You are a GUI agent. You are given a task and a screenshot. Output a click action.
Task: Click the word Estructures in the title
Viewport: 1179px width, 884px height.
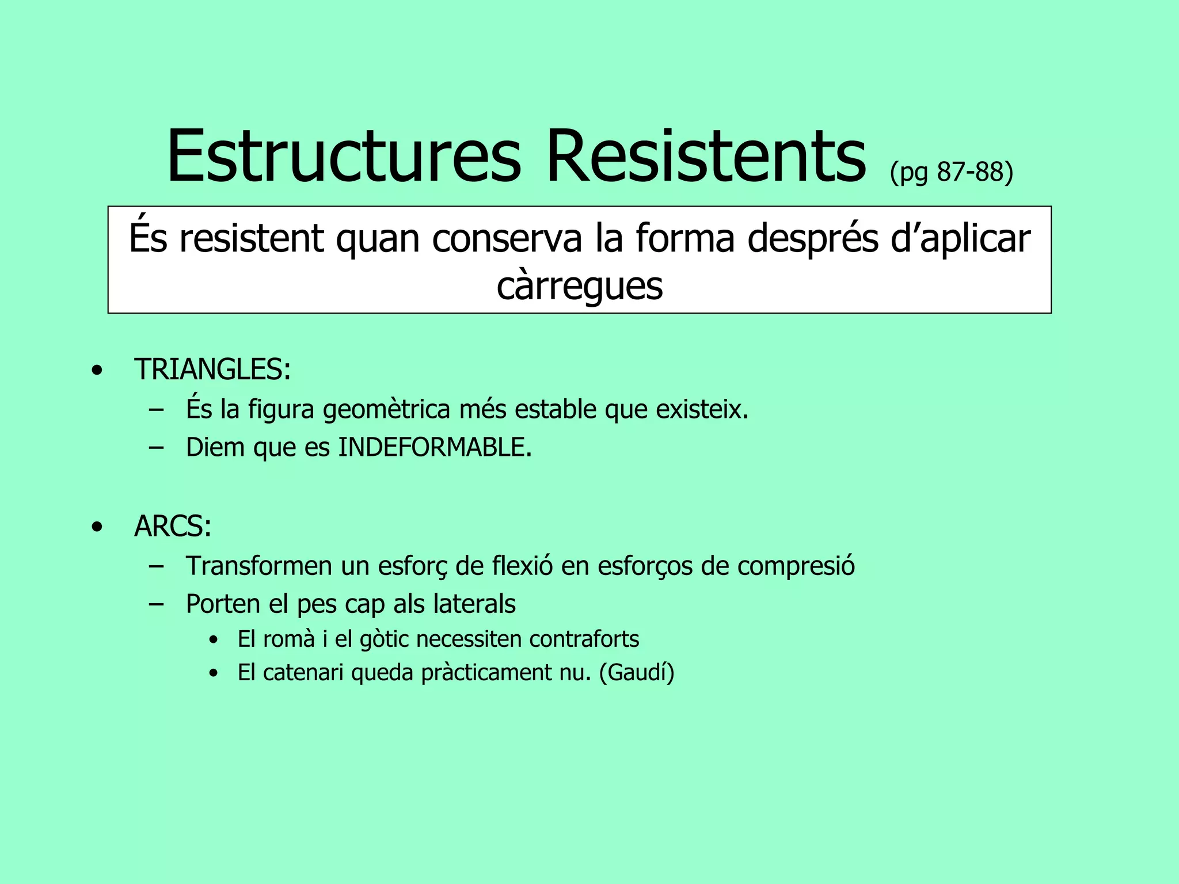click(x=344, y=157)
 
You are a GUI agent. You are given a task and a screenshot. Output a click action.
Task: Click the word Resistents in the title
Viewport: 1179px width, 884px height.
click(x=706, y=157)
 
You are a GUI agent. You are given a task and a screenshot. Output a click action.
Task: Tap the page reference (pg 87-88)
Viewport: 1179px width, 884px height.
click(x=951, y=172)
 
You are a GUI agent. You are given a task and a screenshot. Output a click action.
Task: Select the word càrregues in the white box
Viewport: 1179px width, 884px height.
click(x=579, y=286)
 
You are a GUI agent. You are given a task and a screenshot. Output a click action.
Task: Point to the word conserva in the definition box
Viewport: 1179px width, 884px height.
click(x=507, y=238)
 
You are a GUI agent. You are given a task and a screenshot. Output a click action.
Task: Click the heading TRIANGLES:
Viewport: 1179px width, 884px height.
click(x=212, y=369)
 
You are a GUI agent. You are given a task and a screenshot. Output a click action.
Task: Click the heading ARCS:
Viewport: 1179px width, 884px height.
click(x=173, y=526)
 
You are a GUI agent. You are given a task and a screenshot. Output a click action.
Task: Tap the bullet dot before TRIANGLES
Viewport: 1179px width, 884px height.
click(x=97, y=370)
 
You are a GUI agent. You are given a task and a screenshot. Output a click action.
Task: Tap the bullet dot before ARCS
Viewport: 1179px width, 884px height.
click(x=97, y=527)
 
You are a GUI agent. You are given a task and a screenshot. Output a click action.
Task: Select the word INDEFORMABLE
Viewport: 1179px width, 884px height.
click(x=435, y=448)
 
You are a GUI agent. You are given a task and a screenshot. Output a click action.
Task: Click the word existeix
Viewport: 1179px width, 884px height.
click(x=702, y=410)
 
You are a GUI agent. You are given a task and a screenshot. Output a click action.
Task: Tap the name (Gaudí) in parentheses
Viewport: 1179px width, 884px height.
click(x=637, y=672)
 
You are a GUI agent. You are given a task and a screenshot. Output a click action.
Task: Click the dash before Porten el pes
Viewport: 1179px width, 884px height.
click(x=155, y=604)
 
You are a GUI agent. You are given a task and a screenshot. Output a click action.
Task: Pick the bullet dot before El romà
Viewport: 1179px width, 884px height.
click(x=214, y=640)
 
